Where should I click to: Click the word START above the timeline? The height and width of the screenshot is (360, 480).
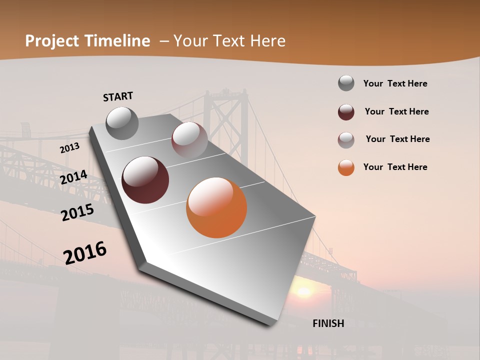point(118,96)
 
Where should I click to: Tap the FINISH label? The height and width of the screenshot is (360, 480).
point(328,323)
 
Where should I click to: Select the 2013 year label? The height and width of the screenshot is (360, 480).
point(69,148)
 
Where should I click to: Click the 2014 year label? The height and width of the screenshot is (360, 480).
point(73,177)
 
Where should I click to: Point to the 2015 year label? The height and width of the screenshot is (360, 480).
point(77,212)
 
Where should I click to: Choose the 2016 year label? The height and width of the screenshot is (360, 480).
point(85,252)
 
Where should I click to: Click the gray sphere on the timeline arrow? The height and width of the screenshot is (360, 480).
point(122,123)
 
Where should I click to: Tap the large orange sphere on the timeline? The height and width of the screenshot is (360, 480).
point(216,207)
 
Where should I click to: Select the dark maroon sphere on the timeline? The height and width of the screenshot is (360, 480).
point(145,180)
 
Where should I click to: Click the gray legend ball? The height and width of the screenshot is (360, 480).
point(346,83)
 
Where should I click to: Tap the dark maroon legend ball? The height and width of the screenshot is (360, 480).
point(346,112)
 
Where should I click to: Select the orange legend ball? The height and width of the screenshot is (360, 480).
point(346,167)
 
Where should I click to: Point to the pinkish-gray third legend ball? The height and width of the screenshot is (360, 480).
point(346,140)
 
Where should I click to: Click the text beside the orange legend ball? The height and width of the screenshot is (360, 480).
point(395,167)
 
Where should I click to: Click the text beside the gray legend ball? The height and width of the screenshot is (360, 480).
point(395,83)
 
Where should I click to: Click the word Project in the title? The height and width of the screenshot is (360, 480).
point(51,41)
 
